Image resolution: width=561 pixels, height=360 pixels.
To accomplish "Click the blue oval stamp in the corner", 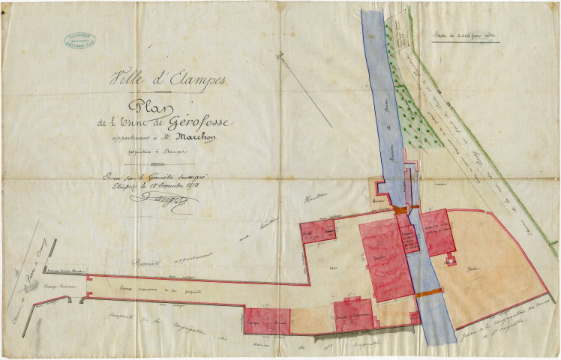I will (x=74, y=41).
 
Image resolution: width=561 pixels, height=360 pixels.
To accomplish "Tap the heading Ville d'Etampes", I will (x=169, y=77).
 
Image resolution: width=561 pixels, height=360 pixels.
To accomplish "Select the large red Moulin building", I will (x=382, y=259).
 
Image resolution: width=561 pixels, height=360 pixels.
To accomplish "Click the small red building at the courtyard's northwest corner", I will (x=318, y=231).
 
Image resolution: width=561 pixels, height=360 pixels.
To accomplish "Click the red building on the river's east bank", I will (x=437, y=232).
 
